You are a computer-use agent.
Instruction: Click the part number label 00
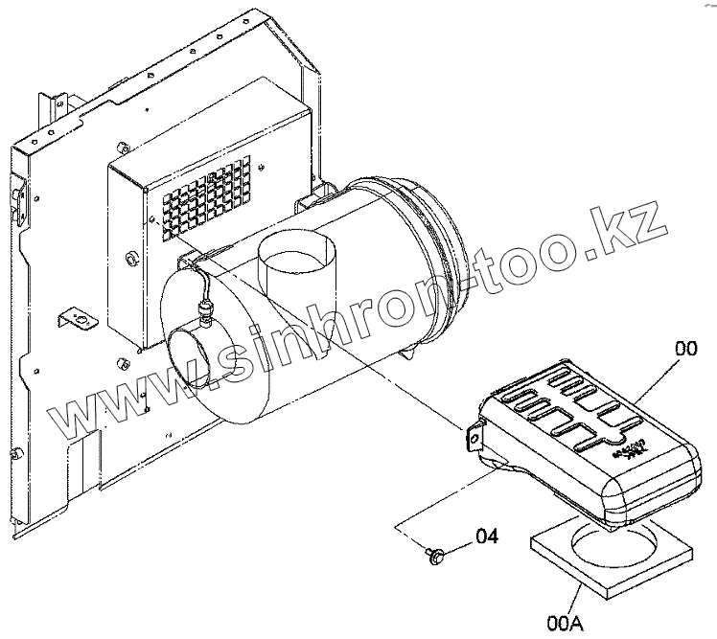click(x=685, y=351)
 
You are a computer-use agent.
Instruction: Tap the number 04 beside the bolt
click(x=486, y=536)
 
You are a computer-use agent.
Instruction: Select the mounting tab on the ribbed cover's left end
click(x=473, y=437)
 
